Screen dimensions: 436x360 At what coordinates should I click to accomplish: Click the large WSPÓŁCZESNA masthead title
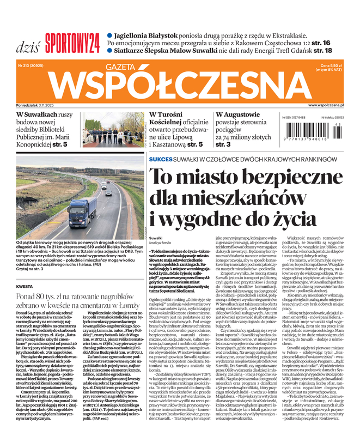click(x=181, y=84)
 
